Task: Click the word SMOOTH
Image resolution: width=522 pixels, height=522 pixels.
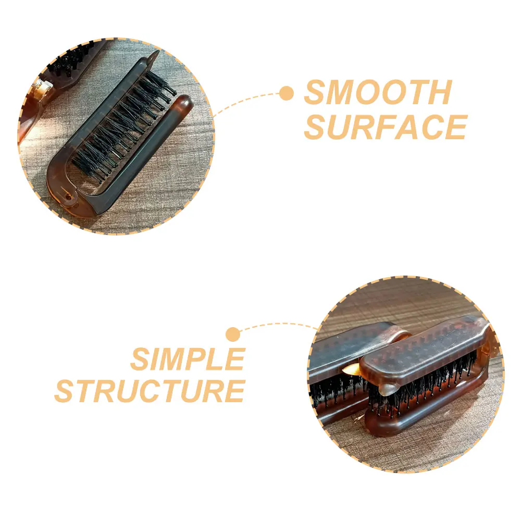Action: click(378, 94)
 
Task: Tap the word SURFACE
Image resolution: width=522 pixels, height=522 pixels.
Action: click(386, 127)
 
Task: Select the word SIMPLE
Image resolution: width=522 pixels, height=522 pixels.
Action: click(188, 359)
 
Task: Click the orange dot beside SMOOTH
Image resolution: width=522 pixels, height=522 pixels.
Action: click(286, 94)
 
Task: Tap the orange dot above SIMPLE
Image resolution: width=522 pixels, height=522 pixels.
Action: click(233, 334)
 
